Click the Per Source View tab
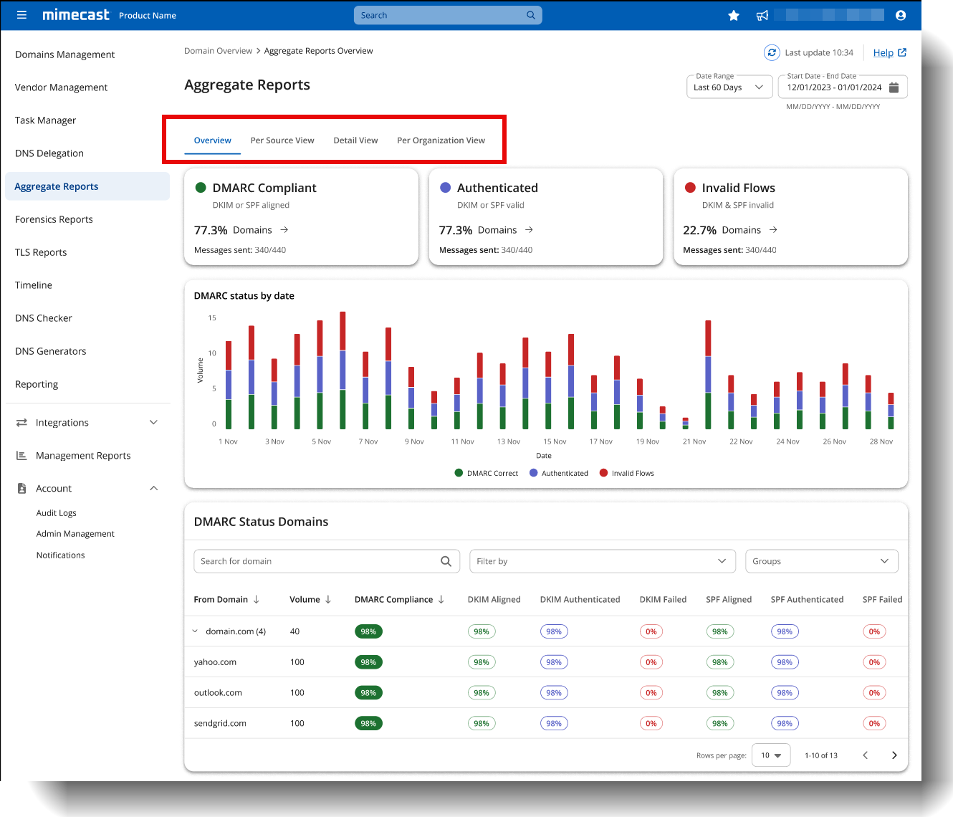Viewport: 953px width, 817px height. [282, 140]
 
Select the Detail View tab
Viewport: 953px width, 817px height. [355, 140]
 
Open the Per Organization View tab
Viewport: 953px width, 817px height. [441, 140]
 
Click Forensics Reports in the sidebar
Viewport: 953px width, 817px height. [54, 219]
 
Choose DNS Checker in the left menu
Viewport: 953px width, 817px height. [44, 318]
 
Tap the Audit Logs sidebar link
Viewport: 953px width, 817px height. [57, 513]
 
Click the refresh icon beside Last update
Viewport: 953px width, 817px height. [772, 52]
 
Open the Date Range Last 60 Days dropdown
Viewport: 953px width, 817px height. [729, 87]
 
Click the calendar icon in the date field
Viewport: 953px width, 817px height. [894, 87]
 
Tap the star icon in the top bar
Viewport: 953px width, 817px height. [734, 15]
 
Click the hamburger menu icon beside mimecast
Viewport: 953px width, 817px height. [21, 15]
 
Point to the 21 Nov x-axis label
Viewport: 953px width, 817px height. [694, 441]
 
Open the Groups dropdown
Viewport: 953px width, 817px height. [821, 561]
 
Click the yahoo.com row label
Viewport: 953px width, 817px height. [215, 662]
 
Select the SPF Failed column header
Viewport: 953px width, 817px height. [882, 600]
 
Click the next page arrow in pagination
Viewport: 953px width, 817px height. [894, 755]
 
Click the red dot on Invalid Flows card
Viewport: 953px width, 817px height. [690, 188]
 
